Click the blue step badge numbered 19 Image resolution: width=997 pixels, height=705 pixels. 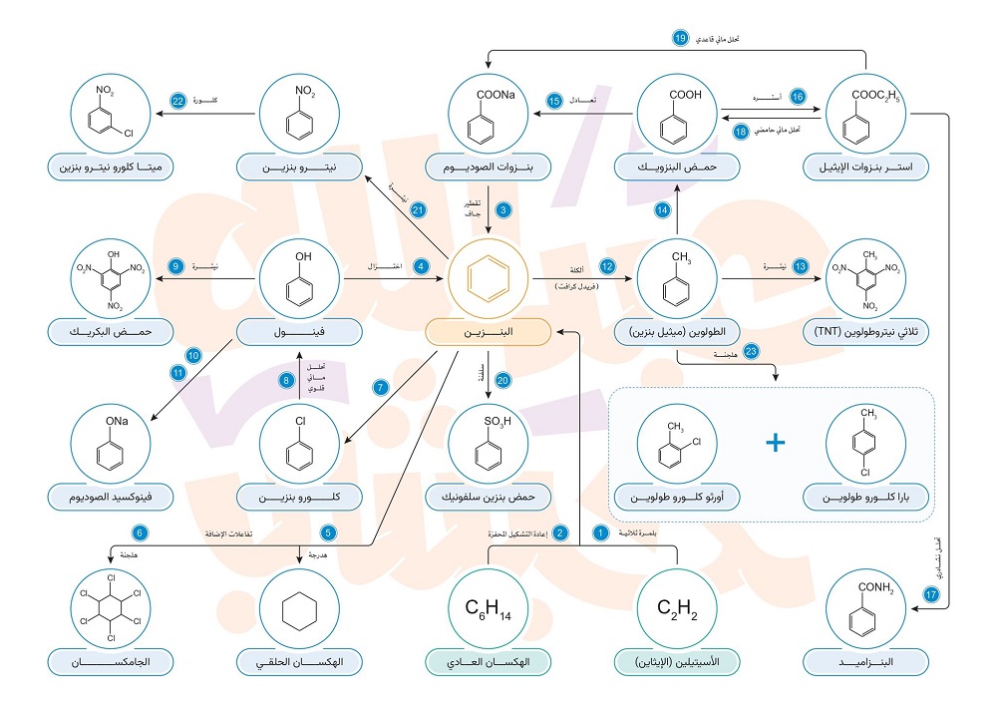click(x=681, y=39)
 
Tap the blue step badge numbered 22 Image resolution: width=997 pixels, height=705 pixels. click(x=178, y=101)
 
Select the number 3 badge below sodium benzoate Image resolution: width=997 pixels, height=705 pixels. click(x=503, y=210)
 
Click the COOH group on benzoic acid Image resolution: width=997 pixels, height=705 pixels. click(x=685, y=96)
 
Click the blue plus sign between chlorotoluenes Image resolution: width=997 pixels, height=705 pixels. click(x=776, y=444)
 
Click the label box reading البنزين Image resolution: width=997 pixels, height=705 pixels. click(x=489, y=332)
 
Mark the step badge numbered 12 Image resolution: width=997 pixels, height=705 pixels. click(x=607, y=266)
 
